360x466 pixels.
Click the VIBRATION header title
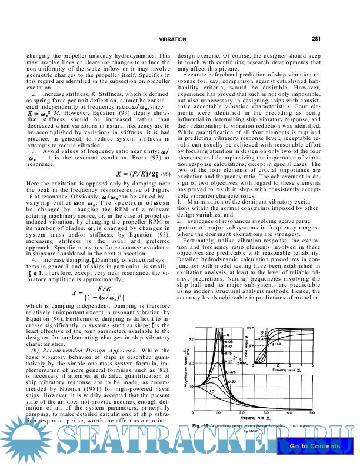172,39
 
